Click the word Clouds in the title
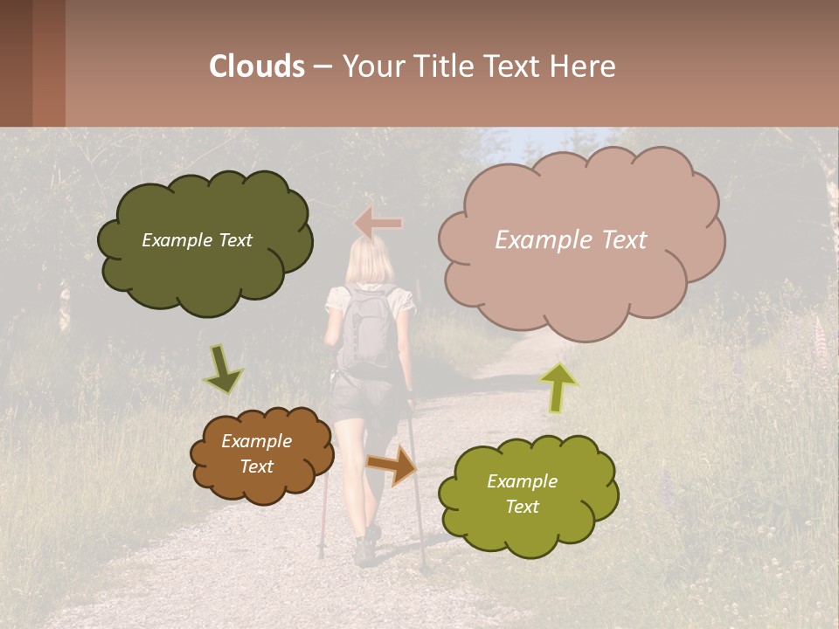(257, 66)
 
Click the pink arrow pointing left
(378, 225)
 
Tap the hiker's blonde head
(370, 261)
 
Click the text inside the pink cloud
(571, 240)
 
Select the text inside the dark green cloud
(197, 240)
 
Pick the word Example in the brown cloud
(256, 442)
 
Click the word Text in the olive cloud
(522, 507)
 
